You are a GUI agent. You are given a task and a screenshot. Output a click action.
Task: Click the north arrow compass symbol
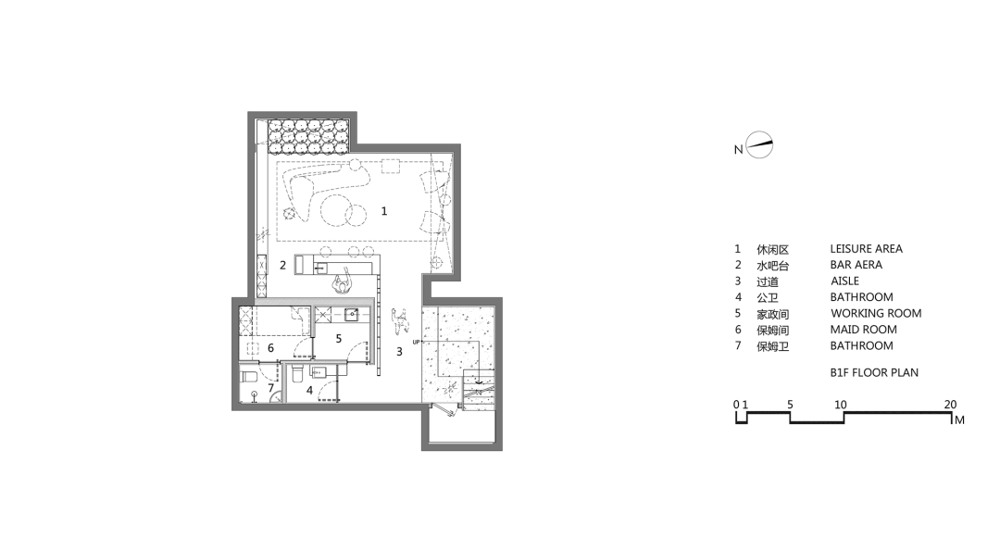click(x=760, y=146)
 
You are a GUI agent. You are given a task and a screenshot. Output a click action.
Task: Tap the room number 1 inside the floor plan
click(x=384, y=211)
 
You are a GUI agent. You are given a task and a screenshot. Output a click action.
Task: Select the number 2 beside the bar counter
click(x=283, y=265)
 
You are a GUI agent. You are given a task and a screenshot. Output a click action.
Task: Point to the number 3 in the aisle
click(x=400, y=352)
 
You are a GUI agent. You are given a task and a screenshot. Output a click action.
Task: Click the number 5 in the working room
click(x=339, y=339)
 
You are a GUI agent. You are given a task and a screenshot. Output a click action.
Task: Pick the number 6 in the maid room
click(x=270, y=348)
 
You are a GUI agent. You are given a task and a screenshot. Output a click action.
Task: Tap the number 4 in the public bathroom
click(x=309, y=390)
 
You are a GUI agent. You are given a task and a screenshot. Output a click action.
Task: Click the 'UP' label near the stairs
click(x=417, y=343)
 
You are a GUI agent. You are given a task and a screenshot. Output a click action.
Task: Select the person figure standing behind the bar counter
click(x=344, y=281)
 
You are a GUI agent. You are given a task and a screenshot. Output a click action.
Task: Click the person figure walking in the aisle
click(x=401, y=319)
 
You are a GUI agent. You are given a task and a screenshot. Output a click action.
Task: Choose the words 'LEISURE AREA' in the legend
click(x=866, y=249)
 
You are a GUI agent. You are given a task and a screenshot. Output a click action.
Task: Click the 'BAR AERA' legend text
click(x=856, y=265)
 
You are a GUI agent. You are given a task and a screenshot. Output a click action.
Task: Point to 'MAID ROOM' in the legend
click(x=863, y=330)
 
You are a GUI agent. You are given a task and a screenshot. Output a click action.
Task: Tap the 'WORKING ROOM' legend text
click(x=875, y=313)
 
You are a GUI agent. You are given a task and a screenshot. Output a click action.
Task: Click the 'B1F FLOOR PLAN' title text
click(x=874, y=373)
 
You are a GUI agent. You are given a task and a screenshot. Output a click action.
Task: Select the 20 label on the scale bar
click(x=950, y=405)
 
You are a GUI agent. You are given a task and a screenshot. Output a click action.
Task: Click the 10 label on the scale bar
click(x=841, y=405)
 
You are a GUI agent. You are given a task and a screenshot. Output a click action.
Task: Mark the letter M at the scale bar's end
click(x=959, y=420)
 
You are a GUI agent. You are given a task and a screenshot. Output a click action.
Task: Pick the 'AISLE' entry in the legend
click(x=844, y=281)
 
